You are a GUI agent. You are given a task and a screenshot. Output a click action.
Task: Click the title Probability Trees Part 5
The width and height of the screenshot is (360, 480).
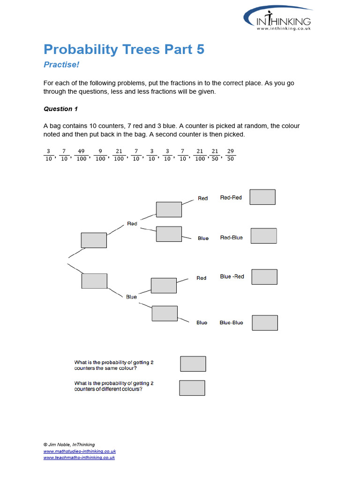[x=124, y=49]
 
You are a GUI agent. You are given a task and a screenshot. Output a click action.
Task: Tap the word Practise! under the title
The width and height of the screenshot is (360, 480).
[x=59, y=64]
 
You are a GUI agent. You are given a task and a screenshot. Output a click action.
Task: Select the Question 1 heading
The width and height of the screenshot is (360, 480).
[x=61, y=109]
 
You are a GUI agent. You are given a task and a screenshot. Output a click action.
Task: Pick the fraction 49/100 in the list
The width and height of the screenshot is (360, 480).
[x=81, y=155]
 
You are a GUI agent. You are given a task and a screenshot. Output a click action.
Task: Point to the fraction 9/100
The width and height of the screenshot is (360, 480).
[x=100, y=155]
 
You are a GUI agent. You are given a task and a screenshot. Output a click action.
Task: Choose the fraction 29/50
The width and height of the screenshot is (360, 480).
[x=230, y=155]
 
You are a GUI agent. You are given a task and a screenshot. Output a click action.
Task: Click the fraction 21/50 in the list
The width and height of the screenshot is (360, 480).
[x=215, y=155]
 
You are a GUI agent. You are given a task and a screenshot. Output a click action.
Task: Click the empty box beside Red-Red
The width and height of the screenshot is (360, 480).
[x=262, y=197]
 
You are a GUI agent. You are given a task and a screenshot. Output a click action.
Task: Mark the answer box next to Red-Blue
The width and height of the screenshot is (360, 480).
[x=263, y=236]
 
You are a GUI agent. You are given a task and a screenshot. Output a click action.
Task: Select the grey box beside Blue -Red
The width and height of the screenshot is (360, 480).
[x=264, y=277]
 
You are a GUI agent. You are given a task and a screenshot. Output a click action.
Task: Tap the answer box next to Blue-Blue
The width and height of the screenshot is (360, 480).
[x=265, y=322]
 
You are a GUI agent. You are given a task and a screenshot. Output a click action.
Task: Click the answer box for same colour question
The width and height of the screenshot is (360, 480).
[x=193, y=364]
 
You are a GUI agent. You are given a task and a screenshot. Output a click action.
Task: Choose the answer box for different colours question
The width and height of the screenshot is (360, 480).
[x=192, y=388]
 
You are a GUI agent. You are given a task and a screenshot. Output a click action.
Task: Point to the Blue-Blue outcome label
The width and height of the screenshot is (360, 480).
[x=232, y=322]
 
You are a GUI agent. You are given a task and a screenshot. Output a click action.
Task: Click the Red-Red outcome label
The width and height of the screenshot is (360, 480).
[x=231, y=198]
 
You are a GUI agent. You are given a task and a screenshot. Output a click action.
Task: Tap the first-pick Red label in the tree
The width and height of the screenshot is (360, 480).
[x=132, y=224]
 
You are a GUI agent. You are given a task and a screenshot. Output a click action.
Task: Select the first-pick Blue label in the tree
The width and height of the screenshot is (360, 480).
[x=131, y=297]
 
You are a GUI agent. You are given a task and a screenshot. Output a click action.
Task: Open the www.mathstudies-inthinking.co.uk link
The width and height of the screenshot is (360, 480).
[x=80, y=451]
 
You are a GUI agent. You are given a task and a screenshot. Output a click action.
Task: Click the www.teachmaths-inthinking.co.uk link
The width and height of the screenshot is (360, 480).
[x=79, y=457]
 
